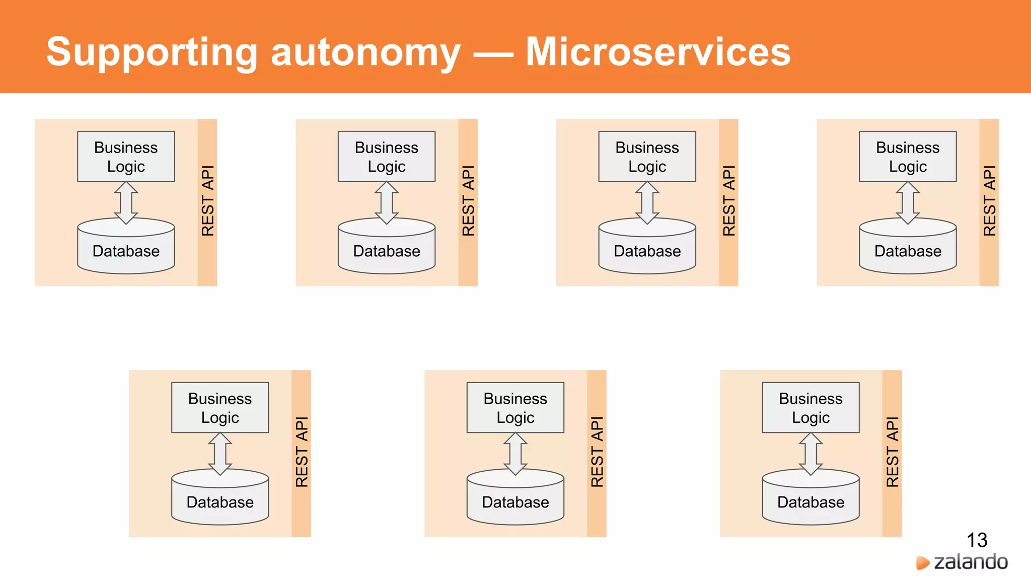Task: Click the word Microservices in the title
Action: [658, 52]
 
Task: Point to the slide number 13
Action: [977, 540]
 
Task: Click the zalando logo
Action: [962, 562]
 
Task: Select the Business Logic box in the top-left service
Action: [126, 157]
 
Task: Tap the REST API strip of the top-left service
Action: [207, 201]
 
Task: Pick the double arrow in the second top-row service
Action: [387, 202]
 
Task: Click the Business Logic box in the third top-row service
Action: [647, 157]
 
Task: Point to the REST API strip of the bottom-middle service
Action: [597, 453]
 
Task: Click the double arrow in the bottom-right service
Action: [811, 454]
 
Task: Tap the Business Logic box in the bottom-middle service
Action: [515, 408]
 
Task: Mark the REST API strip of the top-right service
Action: [989, 201]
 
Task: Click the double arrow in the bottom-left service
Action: [220, 454]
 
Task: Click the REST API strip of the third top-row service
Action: [728, 201]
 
